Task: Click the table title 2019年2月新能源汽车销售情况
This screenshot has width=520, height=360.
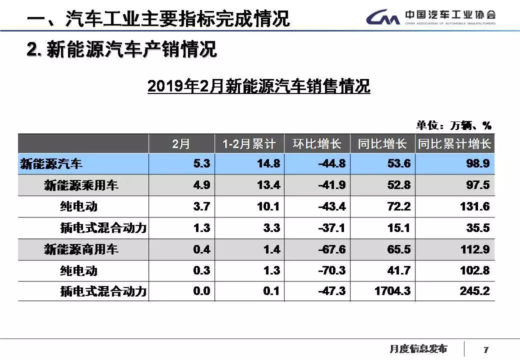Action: coord(258,86)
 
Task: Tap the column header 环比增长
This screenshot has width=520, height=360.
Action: coord(317,144)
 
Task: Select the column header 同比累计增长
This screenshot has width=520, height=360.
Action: coord(454,144)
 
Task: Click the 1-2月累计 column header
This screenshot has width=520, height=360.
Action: coord(249,144)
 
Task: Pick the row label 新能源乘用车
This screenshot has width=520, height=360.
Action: coord(81,185)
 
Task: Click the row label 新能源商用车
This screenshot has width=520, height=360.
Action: coord(81,249)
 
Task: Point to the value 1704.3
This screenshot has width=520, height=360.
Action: coord(392,291)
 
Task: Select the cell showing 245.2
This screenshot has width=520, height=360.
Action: coord(474,291)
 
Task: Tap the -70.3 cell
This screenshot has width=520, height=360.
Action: coord(331,270)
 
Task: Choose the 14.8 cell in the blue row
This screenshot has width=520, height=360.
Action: coord(268,163)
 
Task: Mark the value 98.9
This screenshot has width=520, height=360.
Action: coord(477,163)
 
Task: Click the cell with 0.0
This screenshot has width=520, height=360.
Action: coord(201,291)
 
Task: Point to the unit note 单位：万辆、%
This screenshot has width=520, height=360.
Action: coord(453,125)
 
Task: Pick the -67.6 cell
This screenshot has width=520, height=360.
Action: coord(331,249)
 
